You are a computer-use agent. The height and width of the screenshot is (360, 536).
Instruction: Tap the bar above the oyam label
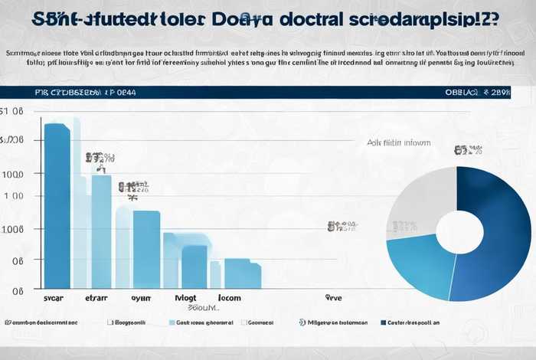pyautogui.click(x=146, y=249)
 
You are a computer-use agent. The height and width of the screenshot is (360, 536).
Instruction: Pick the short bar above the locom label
pyautogui.click(x=242, y=273)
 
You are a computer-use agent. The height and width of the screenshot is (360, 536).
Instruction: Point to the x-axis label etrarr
pyautogui.click(x=98, y=299)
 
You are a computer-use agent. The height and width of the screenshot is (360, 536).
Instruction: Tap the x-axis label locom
pyautogui.click(x=230, y=299)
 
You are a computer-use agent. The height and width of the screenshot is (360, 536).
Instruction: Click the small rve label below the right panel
pyautogui.click(x=333, y=298)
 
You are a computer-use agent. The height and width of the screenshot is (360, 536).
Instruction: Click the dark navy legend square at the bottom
pyautogui.click(x=383, y=323)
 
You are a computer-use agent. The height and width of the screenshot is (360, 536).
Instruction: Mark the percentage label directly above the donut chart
pyautogui.click(x=468, y=150)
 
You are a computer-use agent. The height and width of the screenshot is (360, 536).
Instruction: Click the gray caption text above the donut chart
pyautogui.click(x=398, y=142)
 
